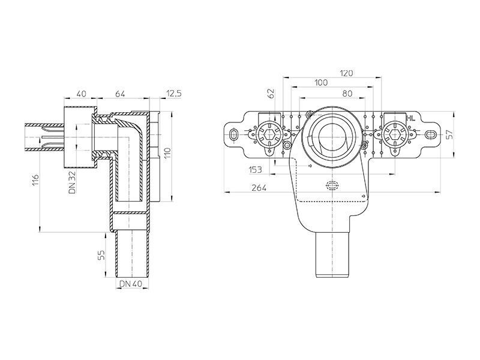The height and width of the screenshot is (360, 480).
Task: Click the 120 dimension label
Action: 346,73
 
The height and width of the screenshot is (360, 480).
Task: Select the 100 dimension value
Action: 321,83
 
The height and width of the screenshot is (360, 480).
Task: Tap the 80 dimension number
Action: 347,94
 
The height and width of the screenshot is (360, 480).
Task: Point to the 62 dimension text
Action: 271,94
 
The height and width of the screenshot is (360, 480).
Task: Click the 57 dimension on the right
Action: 449,134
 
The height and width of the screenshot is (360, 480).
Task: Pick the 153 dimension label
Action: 256,170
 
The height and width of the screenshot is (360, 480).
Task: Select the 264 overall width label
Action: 259,188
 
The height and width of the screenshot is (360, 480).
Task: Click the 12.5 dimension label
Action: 173,94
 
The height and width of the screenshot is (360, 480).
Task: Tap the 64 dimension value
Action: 120,94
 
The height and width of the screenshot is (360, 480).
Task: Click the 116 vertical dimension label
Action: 36,180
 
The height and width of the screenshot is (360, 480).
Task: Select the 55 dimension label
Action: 101,254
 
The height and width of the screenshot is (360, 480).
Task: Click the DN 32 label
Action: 72,182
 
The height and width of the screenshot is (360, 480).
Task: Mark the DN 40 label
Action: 131,284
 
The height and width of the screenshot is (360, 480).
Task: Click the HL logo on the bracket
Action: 411,119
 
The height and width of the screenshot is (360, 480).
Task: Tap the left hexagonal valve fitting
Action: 268,134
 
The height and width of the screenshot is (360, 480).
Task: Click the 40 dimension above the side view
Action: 81,94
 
